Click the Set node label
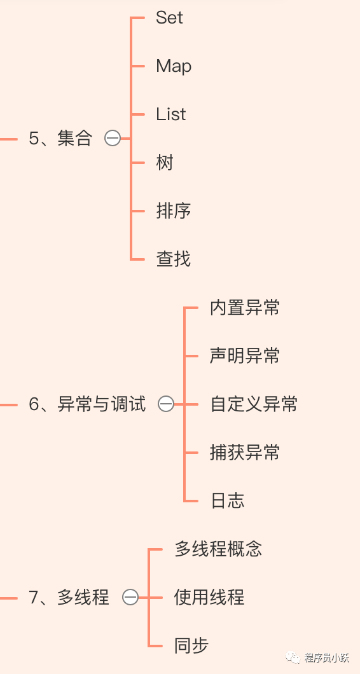[x=169, y=18]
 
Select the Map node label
[x=174, y=66]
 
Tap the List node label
[x=170, y=114]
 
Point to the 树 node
[x=165, y=163]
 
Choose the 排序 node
[x=174, y=211]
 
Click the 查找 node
[x=174, y=259]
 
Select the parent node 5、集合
[x=60, y=139]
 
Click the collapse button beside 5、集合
[x=113, y=139]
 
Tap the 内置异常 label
[x=245, y=308]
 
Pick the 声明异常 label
[x=245, y=356]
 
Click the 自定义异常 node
[x=254, y=404]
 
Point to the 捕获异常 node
[x=245, y=453]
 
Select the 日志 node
[x=228, y=501]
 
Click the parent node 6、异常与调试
[x=87, y=404]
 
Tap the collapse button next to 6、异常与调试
[x=166, y=404]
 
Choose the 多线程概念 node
[x=218, y=549]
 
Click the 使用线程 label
[x=209, y=598]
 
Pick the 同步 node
[x=191, y=645]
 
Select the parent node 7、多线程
[x=69, y=598]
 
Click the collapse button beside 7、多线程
[x=130, y=598]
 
